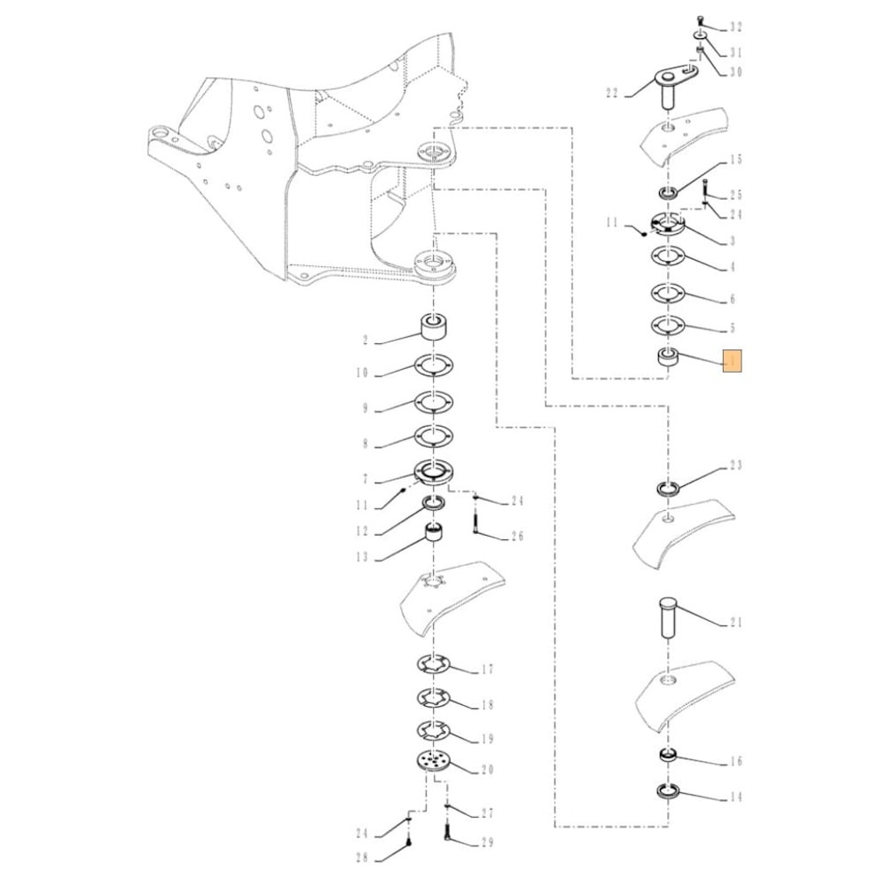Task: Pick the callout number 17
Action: (x=488, y=670)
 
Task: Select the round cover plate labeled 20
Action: (x=433, y=762)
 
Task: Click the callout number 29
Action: (x=487, y=843)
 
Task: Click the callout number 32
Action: (x=735, y=27)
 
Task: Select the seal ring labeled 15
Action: (x=667, y=192)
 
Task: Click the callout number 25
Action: (x=735, y=194)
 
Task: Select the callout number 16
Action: (x=735, y=762)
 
